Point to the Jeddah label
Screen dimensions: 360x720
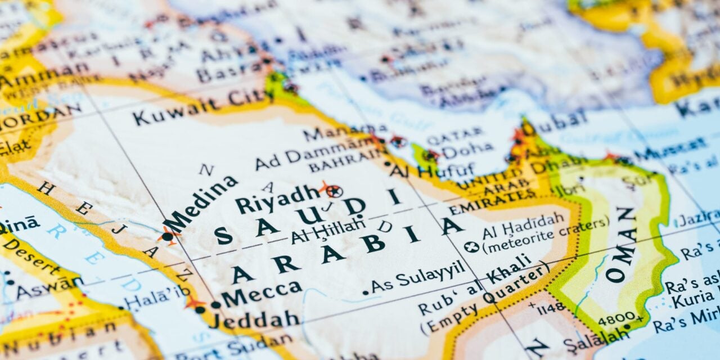254,319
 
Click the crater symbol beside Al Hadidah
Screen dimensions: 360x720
471,246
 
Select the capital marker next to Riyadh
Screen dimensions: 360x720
333,191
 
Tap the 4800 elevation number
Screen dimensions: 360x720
616,319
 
